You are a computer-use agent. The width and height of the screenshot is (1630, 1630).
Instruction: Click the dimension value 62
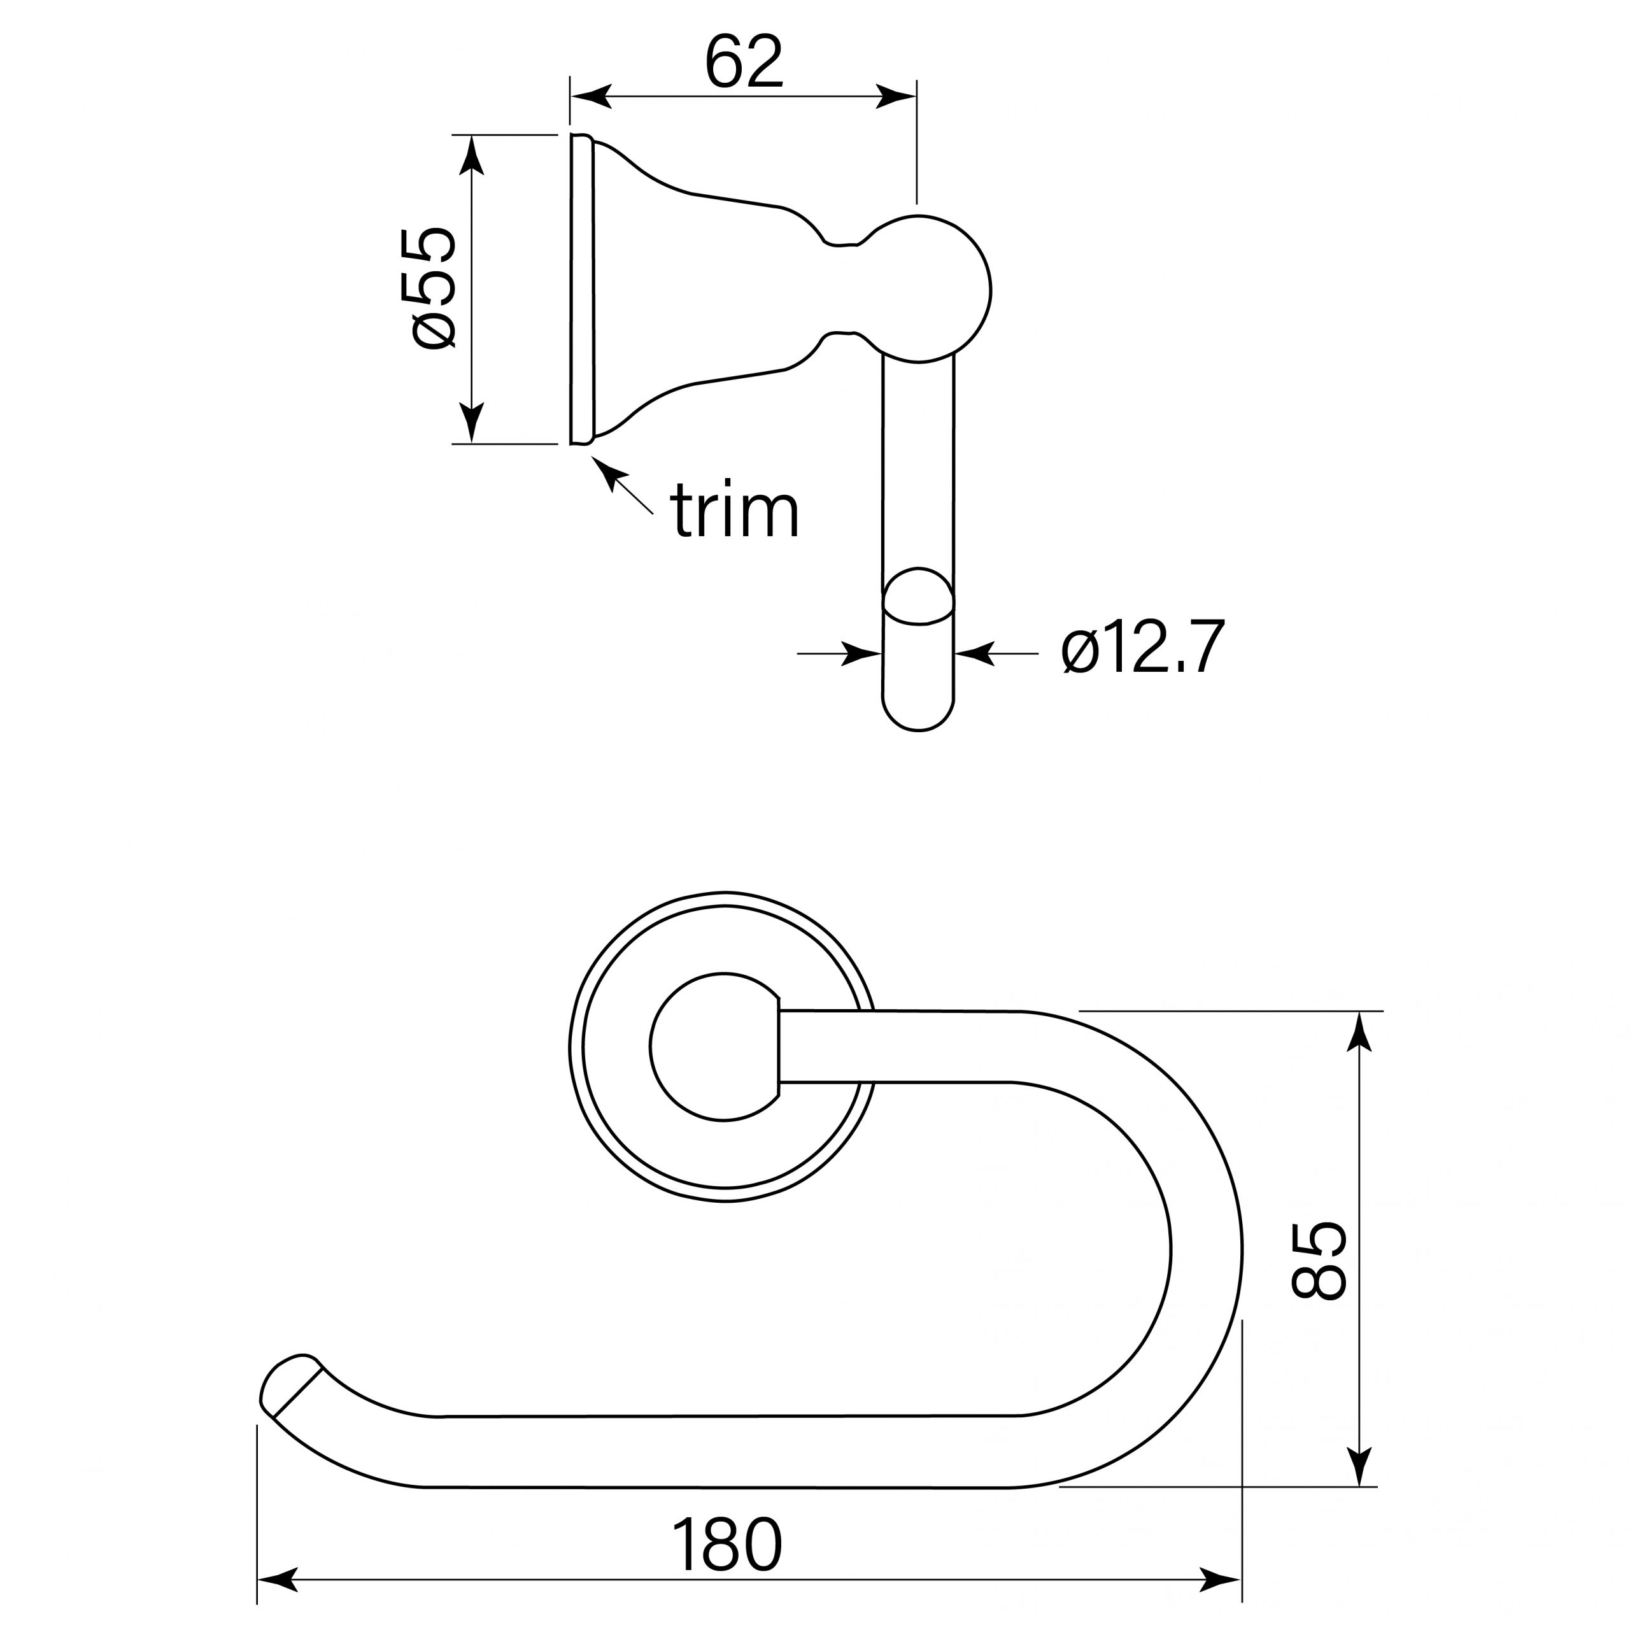point(744,62)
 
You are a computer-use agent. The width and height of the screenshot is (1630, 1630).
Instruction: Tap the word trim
point(735,511)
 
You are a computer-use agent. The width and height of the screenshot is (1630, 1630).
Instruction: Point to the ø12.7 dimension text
point(1142,648)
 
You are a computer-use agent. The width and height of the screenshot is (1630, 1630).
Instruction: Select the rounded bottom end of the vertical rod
point(919,713)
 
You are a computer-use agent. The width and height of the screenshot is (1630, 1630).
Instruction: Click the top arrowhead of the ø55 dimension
point(472,155)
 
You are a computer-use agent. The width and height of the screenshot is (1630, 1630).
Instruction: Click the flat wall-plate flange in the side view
point(581,288)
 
